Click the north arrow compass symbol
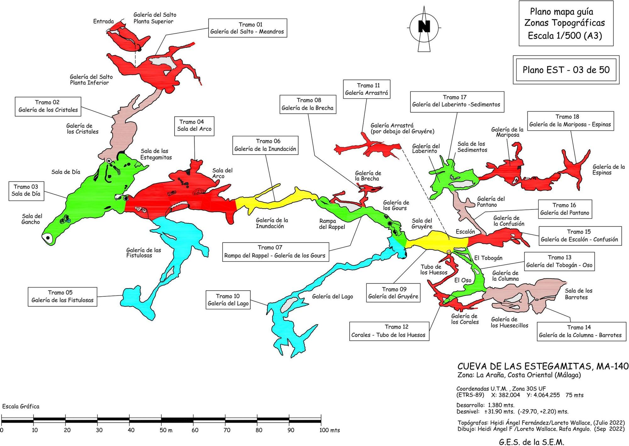coord(424,28)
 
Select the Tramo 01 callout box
coord(247,28)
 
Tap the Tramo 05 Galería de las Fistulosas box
coord(62,296)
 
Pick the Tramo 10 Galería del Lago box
coord(228,300)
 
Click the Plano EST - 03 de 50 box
coord(566,70)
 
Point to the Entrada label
coord(103,21)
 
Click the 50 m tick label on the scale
coord(166,430)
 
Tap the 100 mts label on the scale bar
coord(330,430)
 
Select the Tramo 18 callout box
coord(570,121)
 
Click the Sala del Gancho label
coord(32,219)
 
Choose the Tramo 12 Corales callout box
coord(389,331)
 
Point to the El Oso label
coord(463,280)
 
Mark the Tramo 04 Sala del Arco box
coord(194,125)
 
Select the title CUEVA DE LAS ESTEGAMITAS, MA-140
coord(543,366)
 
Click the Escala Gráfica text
coord(21,406)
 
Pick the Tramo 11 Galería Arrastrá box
coord(366,89)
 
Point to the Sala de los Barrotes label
coord(578,294)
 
